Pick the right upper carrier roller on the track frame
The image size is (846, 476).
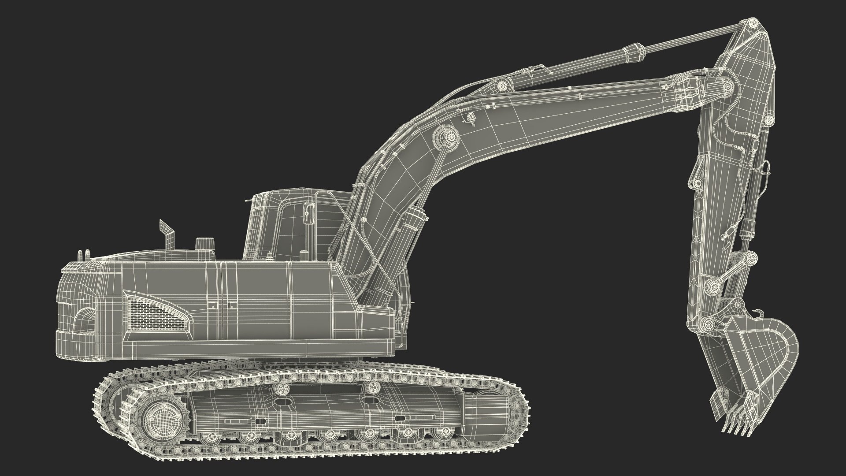(x=373, y=388)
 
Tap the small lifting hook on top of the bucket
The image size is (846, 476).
(x=757, y=313)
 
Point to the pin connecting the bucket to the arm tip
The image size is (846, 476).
(x=709, y=324)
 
